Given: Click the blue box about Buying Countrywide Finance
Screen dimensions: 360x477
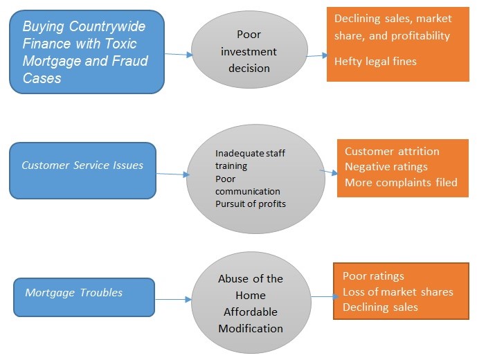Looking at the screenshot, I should click(x=87, y=52).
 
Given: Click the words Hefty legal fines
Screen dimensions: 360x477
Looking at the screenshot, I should click(x=375, y=62).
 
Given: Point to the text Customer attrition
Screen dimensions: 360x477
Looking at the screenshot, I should click(x=392, y=152).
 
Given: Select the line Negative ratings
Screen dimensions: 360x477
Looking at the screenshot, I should click(x=386, y=167).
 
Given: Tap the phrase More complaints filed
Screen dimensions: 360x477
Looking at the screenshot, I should click(x=401, y=182).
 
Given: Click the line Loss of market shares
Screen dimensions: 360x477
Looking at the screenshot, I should click(x=397, y=291).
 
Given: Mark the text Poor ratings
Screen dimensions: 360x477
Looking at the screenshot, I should click(x=373, y=276).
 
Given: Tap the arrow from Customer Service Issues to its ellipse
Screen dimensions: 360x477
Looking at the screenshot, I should click(x=172, y=174).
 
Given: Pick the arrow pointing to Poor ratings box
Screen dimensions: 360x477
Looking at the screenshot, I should click(x=321, y=297).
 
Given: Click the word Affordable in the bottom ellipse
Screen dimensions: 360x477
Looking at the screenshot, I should click(x=251, y=312).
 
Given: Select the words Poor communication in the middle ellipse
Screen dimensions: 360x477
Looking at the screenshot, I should click(x=248, y=185).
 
